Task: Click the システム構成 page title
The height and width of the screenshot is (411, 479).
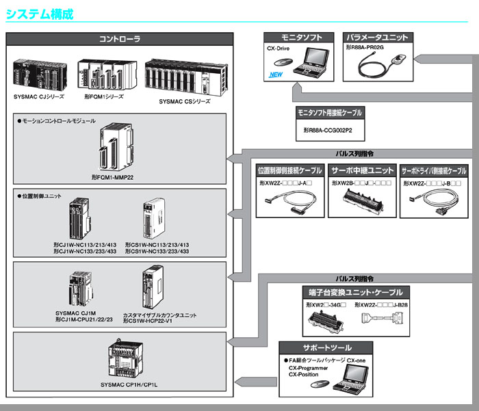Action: tap(39, 14)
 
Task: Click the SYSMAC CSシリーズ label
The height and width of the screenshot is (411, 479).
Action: tap(185, 101)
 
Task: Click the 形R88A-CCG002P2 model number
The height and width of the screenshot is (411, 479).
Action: tap(333, 129)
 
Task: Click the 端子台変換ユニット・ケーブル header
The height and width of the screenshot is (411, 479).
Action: tap(357, 291)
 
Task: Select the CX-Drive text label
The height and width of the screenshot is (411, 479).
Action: tap(279, 49)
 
